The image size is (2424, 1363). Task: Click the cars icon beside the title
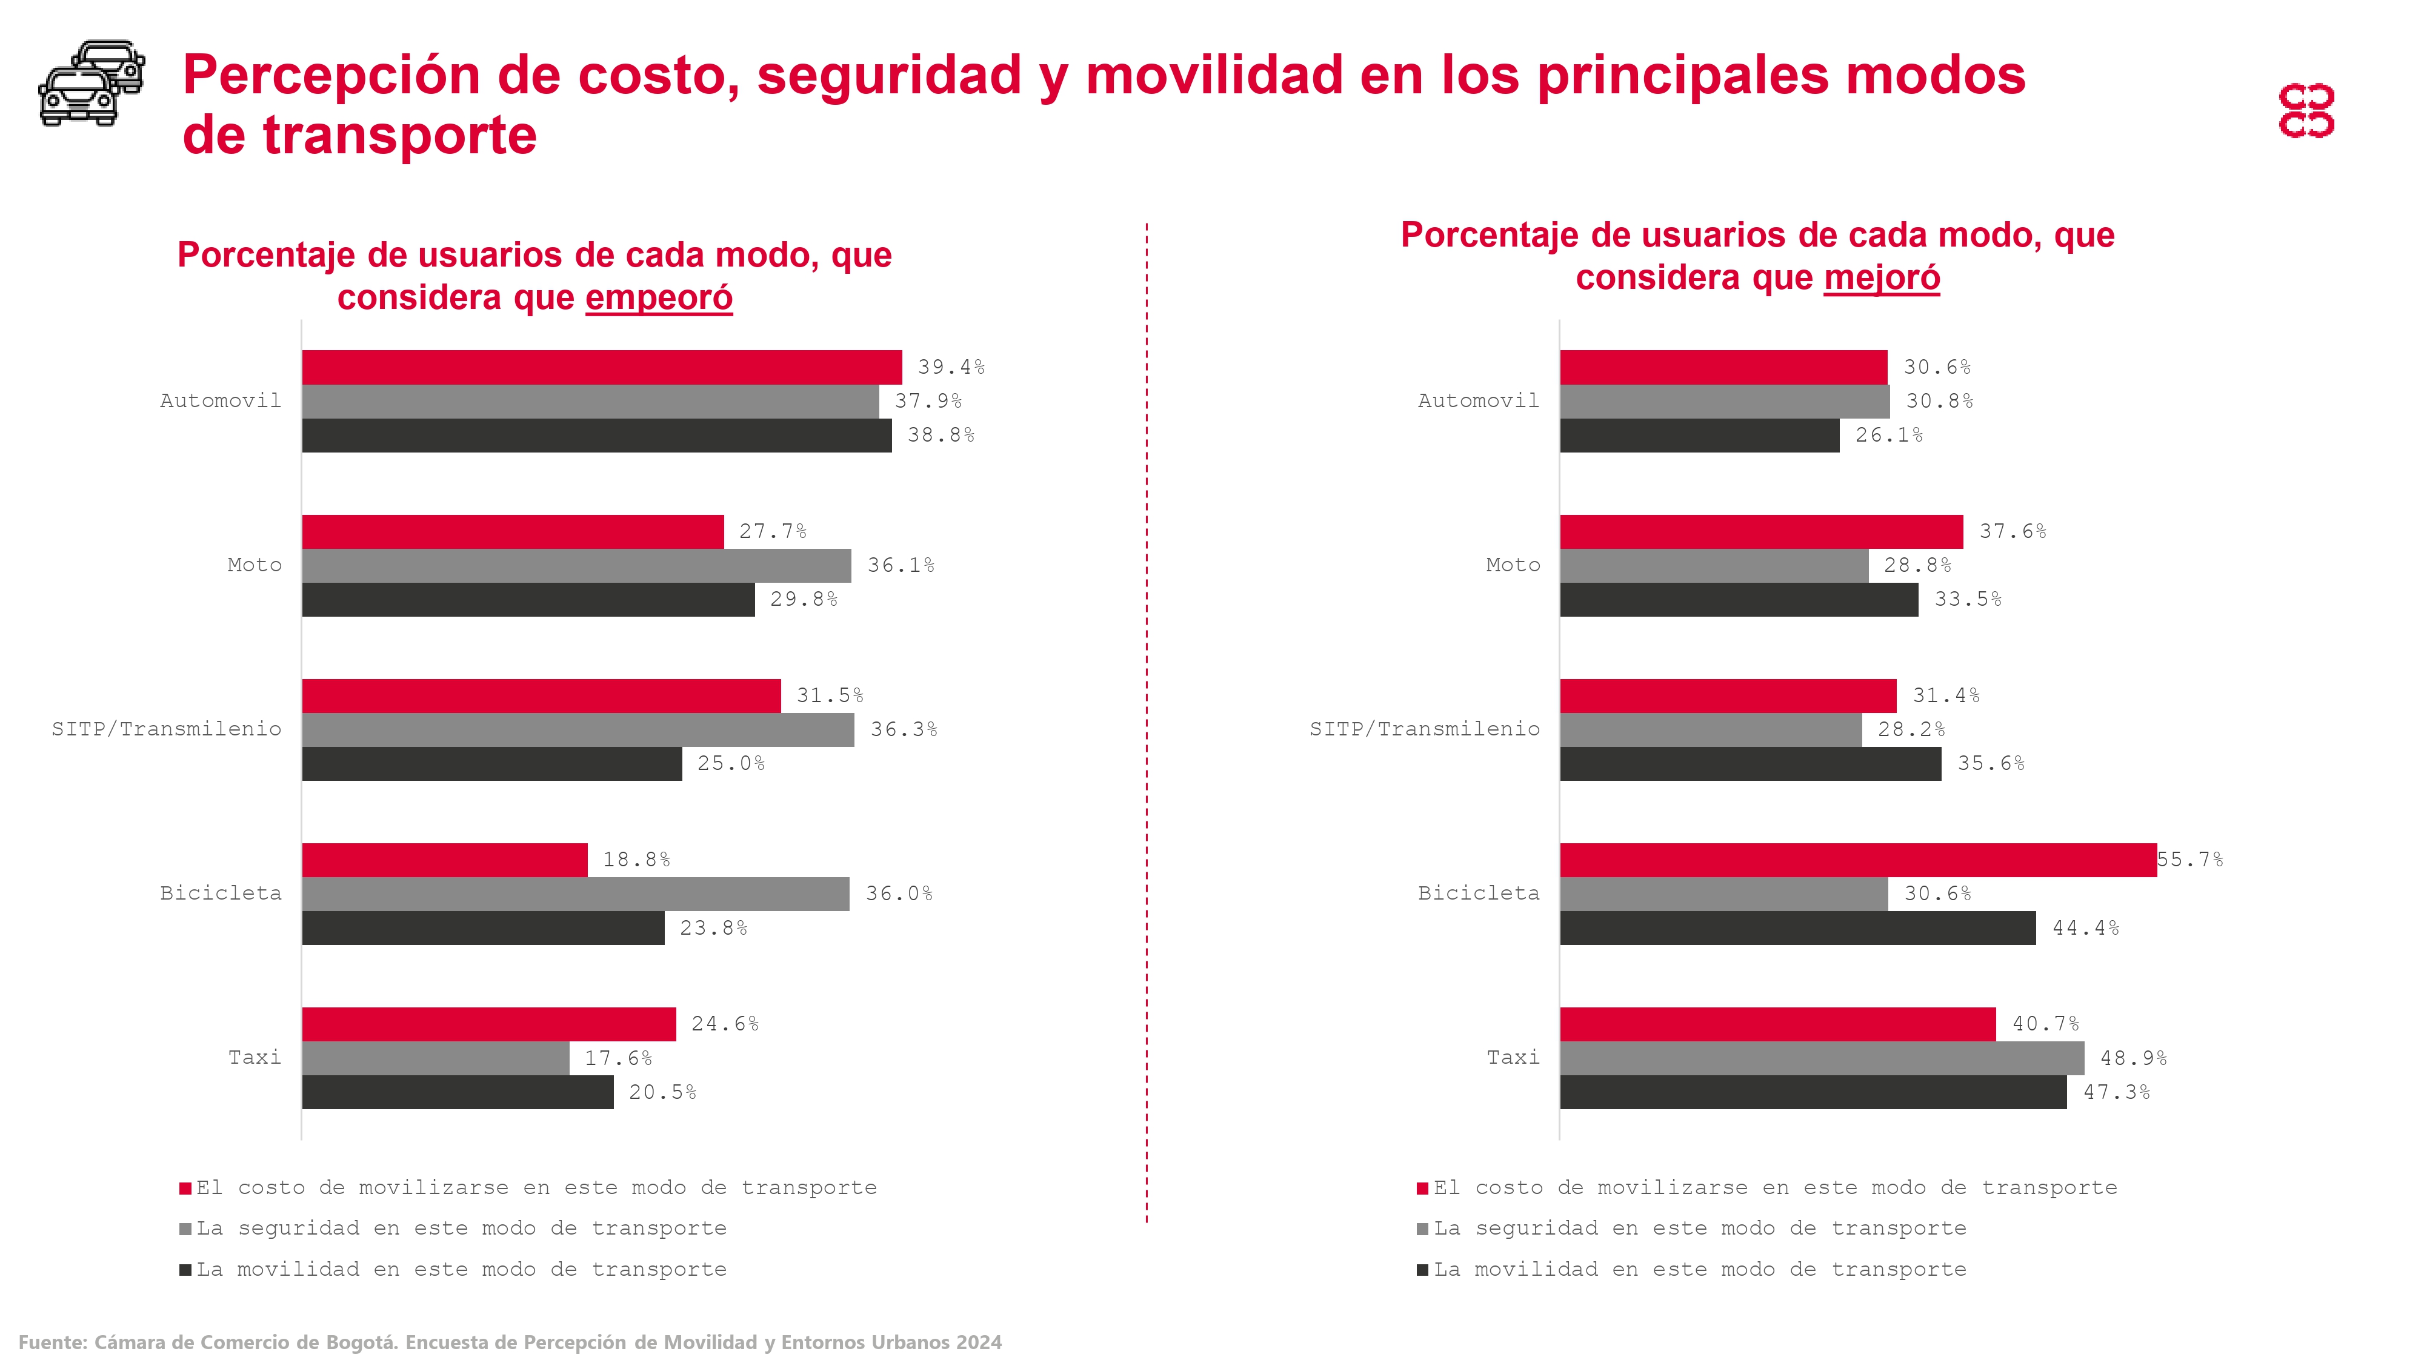92,83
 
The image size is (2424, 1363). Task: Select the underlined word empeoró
659,297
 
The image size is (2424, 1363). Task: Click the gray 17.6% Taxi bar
436,1058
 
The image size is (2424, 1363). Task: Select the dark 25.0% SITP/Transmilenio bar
491,764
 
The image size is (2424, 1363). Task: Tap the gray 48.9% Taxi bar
1822,1058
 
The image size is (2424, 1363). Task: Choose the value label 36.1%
901,565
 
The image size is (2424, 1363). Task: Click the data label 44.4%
2085,929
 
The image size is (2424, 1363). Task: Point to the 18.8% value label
636,860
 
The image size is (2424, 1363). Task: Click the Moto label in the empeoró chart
254,565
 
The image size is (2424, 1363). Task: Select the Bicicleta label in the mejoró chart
1478,894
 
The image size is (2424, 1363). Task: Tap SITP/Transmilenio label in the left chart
167,729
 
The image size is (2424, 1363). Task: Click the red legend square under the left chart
185,1189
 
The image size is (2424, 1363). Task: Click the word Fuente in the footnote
52,1342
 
